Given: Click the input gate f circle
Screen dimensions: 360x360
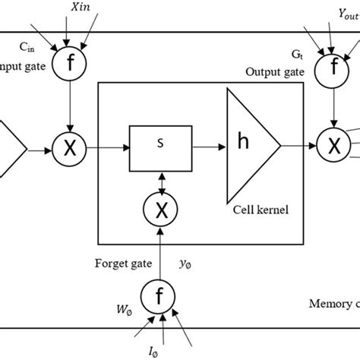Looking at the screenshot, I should pos(70,63).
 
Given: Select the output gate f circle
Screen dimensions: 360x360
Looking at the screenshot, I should pos(330,63).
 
